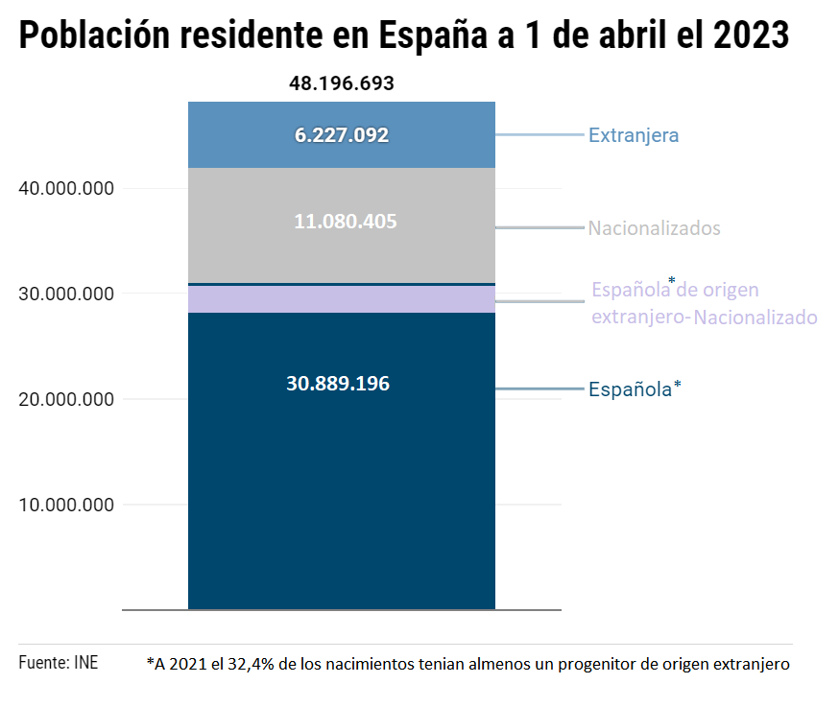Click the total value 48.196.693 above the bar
(x=342, y=83)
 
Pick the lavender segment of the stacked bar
(x=342, y=299)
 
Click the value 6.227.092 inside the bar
(x=342, y=135)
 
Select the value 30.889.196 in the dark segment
(x=338, y=384)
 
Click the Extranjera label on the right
(x=634, y=135)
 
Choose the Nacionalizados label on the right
(x=654, y=228)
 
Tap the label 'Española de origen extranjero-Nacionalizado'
(x=704, y=303)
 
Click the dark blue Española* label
(x=635, y=389)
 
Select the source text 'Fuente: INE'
(x=58, y=663)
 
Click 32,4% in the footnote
(x=251, y=664)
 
